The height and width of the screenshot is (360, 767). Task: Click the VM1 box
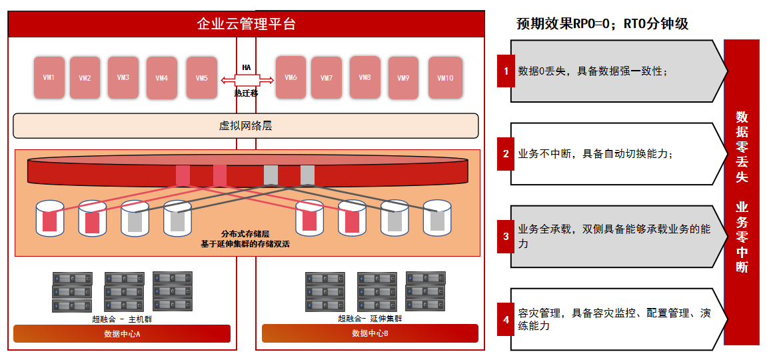[x=49, y=77]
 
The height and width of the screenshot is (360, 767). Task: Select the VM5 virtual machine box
[x=201, y=78]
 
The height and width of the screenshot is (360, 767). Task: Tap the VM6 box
[x=291, y=77]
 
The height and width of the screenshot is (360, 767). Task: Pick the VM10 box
[x=445, y=78]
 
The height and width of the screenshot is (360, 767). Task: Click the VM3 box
[x=123, y=77]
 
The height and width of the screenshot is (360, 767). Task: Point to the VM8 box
[x=365, y=77]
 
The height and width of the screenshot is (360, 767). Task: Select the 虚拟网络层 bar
[x=245, y=126]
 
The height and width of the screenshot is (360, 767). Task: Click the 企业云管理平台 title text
[x=247, y=24]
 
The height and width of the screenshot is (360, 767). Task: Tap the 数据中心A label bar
[x=122, y=333]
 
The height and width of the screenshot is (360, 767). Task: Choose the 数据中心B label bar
[x=370, y=333]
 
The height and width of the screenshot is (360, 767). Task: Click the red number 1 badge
[x=506, y=71]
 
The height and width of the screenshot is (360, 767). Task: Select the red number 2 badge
[x=506, y=153]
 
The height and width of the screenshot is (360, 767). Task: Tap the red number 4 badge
[x=506, y=319]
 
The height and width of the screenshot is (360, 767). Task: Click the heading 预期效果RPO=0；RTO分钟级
[x=602, y=24]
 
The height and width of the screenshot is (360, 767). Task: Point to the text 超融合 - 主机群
[x=125, y=319]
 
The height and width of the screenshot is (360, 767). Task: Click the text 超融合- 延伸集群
[x=370, y=319]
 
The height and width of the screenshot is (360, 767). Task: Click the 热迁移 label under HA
[x=246, y=93]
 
